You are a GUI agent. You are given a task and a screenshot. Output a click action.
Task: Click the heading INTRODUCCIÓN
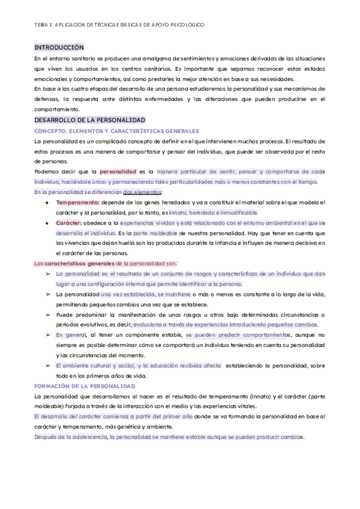[x=59, y=47]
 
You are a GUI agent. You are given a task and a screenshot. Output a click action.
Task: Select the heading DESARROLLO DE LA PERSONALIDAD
[x=90, y=120]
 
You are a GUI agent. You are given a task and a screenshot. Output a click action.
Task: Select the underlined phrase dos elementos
[x=142, y=192]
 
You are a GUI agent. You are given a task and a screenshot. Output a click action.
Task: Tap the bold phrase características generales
[x=79, y=264]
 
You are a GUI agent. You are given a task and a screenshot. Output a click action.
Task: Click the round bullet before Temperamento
[x=47, y=202]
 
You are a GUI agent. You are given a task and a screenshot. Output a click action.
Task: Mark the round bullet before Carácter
[x=47, y=223]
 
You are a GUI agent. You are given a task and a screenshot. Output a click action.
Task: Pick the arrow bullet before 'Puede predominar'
[x=47, y=315]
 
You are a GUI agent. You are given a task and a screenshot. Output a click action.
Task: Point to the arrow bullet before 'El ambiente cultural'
[x=47, y=366]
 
